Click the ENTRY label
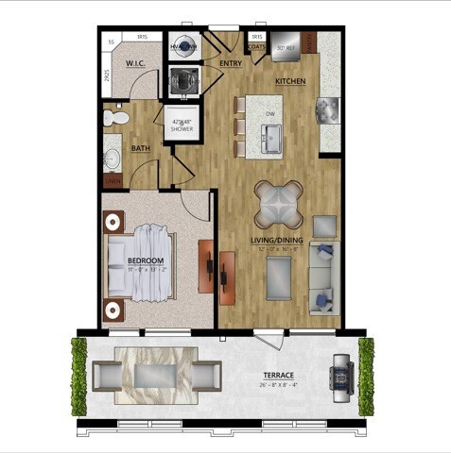pos(231,64)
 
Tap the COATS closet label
pos(256,45)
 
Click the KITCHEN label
pos(290,82)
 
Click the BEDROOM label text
pos(147,260)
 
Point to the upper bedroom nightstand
pos(113,222)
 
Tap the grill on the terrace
pos(340,379)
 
